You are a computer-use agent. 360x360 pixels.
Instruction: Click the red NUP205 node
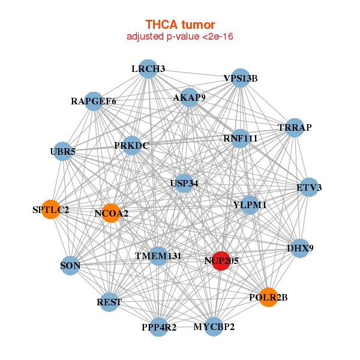click(221, 261)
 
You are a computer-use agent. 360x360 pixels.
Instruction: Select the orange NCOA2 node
click(111, 213)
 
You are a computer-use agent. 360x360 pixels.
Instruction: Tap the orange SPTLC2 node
click(51, 209)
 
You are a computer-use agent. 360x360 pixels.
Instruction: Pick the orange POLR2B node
click(268, 298)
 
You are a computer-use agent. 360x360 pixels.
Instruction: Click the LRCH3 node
click(148, 69)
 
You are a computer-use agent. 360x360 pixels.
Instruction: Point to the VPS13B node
click(241, 78)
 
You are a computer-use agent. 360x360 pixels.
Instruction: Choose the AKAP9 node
click(189, 97)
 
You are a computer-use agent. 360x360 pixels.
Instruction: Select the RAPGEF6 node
click(94, 101)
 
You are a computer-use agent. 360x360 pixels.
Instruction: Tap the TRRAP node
click(295, 128)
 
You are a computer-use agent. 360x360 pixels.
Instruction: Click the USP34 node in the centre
click(184, 183)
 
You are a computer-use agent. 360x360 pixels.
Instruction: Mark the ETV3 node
click(309, 187)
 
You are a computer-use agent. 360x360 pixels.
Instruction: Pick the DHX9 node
click(300, 248)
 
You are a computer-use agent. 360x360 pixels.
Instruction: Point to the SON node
click(70, 266)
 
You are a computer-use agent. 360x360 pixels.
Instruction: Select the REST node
click(109, 302)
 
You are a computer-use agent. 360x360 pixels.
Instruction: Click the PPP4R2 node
click(158, 327)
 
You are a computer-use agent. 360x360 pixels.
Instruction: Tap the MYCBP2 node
click(214, 327)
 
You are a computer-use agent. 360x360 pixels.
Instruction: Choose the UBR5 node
click(62, 152)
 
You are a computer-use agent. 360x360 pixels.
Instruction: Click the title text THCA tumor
click(180, 25)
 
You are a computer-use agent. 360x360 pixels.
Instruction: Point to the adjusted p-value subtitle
click(180, 37)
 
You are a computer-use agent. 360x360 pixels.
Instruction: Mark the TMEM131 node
click(158, 256)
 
